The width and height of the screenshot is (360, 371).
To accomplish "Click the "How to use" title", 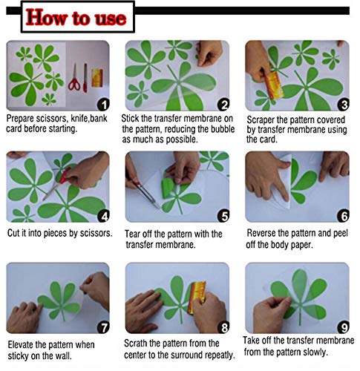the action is click(x=76, y=17).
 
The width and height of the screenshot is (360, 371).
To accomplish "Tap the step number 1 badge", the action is click(x=103, y=105).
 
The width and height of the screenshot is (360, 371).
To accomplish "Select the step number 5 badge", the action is click(x=223, y=216).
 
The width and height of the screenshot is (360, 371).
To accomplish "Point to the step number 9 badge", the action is click(x=344, y=327).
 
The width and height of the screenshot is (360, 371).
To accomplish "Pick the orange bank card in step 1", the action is click(x=97, y=78).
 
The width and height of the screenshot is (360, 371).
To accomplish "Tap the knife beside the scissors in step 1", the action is click(x=85, y=78).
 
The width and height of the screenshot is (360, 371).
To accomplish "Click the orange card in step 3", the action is click(x=274, y=85).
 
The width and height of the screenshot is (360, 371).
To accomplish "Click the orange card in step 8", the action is click(x=197, y=298).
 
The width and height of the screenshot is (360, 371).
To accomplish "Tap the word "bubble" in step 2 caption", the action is click(x=223, y=129).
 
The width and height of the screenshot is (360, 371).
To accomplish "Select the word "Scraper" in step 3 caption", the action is click(x=261, y=120).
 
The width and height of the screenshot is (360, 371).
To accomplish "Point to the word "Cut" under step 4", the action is click(x=13, y=233).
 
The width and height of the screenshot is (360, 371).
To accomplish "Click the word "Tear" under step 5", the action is click(x=132, y=234).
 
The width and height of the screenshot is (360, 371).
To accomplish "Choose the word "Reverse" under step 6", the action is click(x=261, y=233).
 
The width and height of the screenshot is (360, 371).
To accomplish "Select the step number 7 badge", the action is click(x=103, y=327).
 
